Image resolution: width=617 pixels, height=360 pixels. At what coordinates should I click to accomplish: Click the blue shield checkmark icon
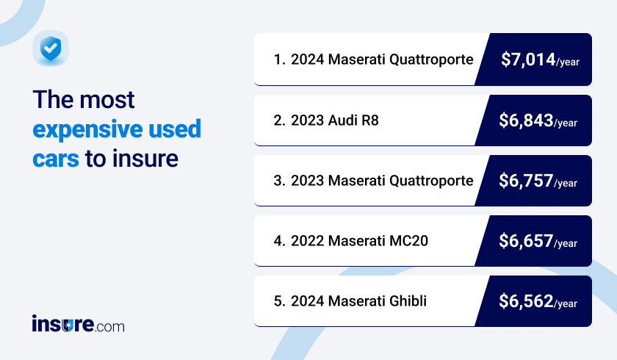click(51, 48)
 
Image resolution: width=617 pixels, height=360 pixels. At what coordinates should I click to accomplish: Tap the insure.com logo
click(79, 324)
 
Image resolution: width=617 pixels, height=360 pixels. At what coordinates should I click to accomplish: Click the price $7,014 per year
click(540, 60)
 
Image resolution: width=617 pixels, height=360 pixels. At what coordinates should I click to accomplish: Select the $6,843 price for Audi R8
click(538, 120)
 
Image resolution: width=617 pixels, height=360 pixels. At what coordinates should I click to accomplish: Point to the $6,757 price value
click(538, 181)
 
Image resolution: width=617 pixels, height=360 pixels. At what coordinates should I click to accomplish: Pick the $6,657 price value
click(538, 241)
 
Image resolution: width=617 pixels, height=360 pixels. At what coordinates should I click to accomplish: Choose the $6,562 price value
click(538, 301)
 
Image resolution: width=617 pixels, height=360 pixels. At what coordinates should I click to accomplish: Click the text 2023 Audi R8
click(334, 120)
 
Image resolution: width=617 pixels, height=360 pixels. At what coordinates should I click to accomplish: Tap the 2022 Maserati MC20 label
click(359, 241)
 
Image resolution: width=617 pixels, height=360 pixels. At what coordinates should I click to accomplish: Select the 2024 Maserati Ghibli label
click(358, 301)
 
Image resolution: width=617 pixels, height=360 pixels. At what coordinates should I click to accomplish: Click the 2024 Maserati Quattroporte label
click(382, 60)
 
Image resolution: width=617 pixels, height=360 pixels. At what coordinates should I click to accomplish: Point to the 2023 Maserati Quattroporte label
click(382, 181)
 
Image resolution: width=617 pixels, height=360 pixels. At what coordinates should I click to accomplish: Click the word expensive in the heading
click(87, 130)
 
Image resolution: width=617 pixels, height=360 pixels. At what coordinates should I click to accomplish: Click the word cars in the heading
click(56, 159)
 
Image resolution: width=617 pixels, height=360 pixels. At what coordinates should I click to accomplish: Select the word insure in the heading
click(145, 158)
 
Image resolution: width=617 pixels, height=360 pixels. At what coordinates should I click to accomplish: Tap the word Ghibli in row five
click(408, 301)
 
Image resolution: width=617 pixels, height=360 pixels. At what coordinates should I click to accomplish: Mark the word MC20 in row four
click(409, 241)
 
